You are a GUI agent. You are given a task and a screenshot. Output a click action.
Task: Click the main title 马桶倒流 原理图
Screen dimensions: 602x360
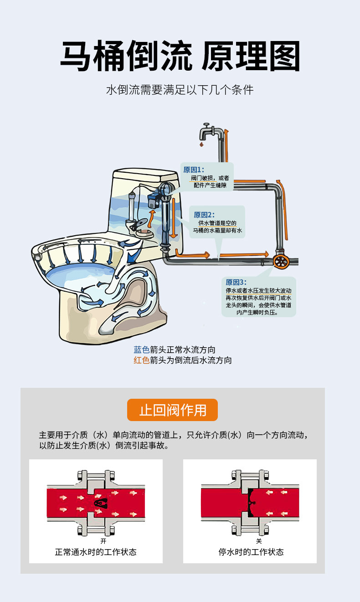click(x=180, y=57)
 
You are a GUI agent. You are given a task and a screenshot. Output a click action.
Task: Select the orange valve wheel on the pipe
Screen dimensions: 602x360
click(x=281, y=262)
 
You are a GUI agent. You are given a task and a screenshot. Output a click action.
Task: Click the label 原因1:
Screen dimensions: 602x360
click(x=194, y=170)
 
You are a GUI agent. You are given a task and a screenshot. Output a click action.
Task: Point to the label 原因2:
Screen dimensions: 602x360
click(x=204, y=215)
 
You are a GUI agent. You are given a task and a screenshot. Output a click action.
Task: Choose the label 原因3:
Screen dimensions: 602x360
click(x=236, y=282)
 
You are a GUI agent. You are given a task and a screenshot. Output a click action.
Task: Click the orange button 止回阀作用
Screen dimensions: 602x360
click(x=172, y=410)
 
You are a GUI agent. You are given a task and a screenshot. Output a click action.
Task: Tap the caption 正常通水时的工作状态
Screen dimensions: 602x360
click(x=96, y=552)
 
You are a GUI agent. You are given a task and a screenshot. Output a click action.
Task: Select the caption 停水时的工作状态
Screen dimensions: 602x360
click(x=251, y=552)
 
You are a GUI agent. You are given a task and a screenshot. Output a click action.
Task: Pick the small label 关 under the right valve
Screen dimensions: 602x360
click(x=258, y=541)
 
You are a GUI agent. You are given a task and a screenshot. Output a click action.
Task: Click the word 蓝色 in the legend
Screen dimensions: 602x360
click(x=141, y=350)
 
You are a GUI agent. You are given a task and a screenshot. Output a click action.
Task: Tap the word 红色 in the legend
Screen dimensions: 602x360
click(x=141, y=360)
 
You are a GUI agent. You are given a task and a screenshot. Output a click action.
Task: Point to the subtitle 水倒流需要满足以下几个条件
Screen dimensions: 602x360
click(x=180, y=89)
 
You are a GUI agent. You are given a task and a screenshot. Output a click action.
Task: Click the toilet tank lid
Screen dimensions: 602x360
click(x=145, y=175)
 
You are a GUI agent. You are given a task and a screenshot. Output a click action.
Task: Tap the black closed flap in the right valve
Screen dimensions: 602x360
click(x=251, y=501)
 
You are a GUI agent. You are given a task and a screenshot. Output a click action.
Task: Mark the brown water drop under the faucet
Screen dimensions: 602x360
click(x=201, y=145)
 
